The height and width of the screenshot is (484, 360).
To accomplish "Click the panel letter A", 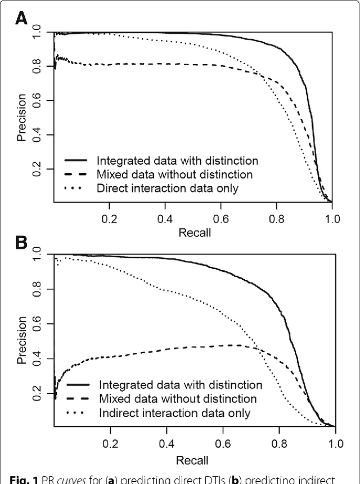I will [x=21, y=19].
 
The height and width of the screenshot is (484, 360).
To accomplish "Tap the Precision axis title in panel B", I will [x=21, y=340].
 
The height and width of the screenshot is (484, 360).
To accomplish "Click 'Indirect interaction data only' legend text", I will [x=174, y=414].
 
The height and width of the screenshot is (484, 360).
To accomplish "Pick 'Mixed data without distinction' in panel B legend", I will [x=178, y=399].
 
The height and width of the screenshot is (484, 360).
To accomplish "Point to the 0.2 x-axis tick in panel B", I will [x=111, y=443].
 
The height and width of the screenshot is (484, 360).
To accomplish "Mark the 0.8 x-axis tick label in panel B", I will [x=280, y=443].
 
